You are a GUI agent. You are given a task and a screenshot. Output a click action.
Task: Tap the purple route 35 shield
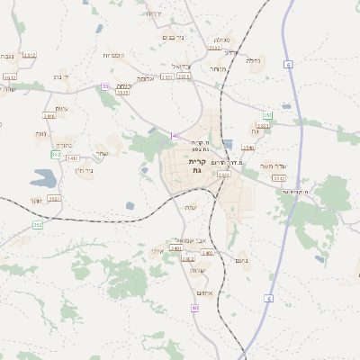(x=105, y=86)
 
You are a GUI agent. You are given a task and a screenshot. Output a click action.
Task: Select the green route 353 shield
(x=267, y=115)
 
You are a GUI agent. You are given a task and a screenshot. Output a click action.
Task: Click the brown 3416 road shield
(x=49, y=116)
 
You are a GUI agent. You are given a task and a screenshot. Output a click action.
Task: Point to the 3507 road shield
(x=184, y=77)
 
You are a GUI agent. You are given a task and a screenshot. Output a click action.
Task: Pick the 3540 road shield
(x=248, y=147)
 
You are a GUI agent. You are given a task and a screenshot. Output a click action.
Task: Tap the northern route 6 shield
(x=288, y=65)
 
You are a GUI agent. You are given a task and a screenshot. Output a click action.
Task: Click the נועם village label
(x=240, y=260)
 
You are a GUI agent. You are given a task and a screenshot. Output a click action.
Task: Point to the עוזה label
(x=191, y=208)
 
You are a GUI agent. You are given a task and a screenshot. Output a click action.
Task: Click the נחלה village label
(x=254, y=61)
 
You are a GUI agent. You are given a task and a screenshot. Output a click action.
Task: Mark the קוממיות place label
(x=112, y=55)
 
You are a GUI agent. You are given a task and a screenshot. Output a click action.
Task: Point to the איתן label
(x=158, y=251)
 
